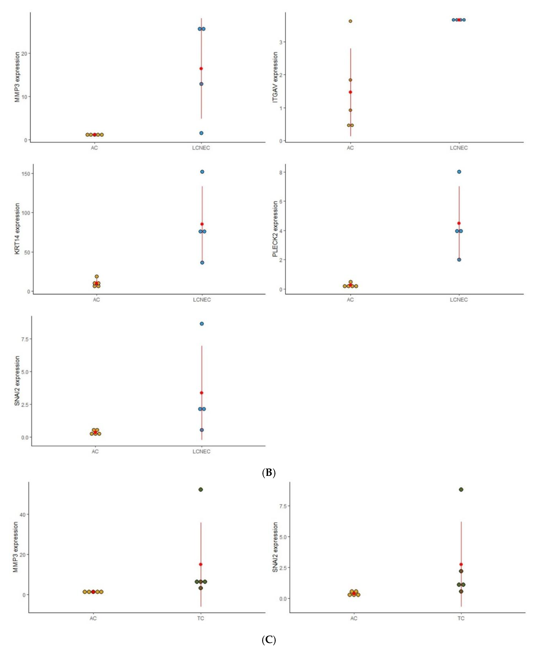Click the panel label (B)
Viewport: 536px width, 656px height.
(268, 473)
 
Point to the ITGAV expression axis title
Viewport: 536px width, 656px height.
(275, 77)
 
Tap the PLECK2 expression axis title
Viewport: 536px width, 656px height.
(275, 229)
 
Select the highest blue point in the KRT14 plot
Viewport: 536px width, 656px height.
(202, 172)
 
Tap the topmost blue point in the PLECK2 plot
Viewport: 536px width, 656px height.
(459, 172)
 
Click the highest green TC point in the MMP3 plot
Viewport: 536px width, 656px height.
(201, 490)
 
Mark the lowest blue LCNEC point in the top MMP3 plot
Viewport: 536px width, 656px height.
(201, 133)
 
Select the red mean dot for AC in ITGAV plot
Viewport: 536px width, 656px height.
(350, 92)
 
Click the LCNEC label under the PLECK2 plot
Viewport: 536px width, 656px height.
(459, 300)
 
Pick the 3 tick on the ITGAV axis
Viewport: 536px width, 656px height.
(281, 42)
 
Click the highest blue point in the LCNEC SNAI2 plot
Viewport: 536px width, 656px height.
(202, 324)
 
